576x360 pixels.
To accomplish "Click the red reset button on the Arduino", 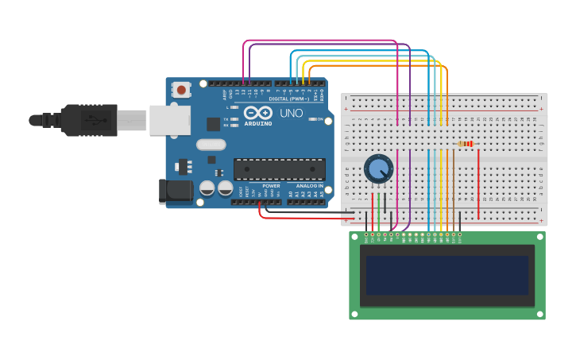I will click(x=182, y=90).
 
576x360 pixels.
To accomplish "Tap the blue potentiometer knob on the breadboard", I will click(x=378, y=168).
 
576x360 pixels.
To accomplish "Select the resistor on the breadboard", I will click(x=466, y=144).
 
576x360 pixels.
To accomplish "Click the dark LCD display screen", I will click(x=447, y=274).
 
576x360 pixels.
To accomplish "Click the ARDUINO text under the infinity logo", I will click(x=258, y=124).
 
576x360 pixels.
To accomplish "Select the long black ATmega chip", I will click(x=279, y=169).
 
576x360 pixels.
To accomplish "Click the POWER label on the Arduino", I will click(x=271, y=186).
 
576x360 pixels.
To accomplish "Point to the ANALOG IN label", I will click(x=309, y=186).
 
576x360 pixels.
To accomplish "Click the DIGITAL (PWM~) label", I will click(x=289, y=99).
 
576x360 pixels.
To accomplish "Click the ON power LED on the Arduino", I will click(x=312, y=119).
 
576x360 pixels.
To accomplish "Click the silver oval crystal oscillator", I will click(x=211, y=145).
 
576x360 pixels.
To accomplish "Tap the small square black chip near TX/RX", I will click(x=213, y=124).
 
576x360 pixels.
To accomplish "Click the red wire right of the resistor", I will click(x=478, y=183).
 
